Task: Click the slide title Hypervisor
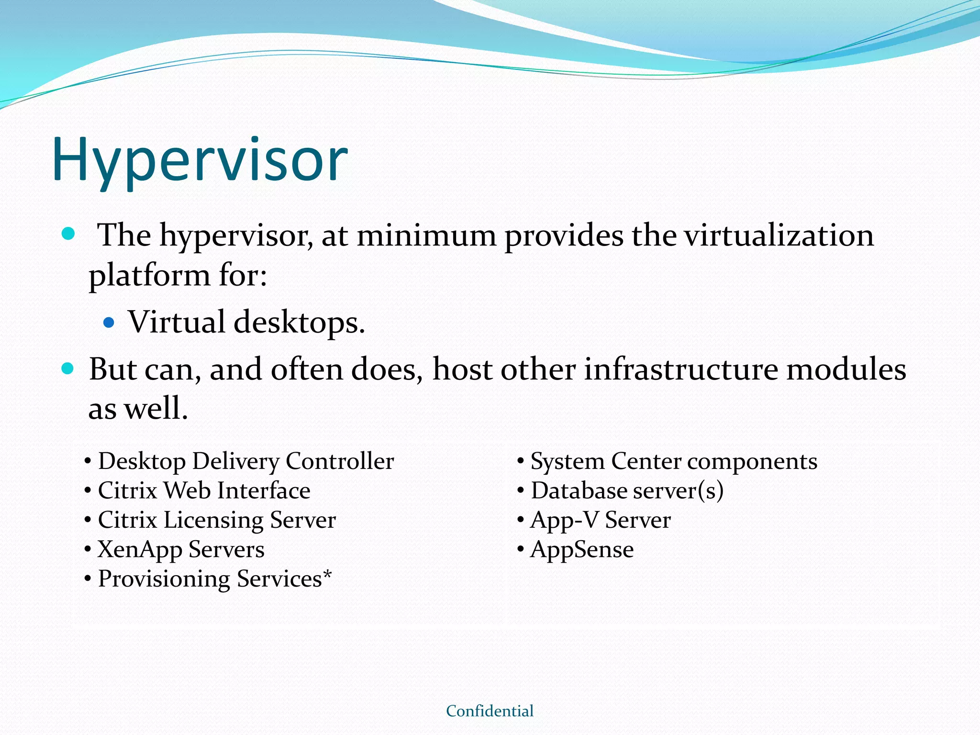pos(200,160)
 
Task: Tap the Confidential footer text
pos(490,711)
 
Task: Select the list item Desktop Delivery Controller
pos(246,461)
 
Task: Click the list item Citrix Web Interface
pos(204,491)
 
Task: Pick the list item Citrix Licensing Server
pos(217,520)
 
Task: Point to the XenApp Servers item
pos(181,550)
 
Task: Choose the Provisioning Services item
pos(210,579)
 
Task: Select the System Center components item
pos(674,461)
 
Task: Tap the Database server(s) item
pos(627,491)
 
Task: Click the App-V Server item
pos(601,520)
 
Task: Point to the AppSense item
pos(582,550)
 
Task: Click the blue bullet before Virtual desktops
pos(109,323)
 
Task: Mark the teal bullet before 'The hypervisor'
pos(69,234)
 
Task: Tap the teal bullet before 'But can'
pos(68,368)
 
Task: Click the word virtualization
pos(779,235)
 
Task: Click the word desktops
pos(299,323)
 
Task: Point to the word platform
pos(149,277)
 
